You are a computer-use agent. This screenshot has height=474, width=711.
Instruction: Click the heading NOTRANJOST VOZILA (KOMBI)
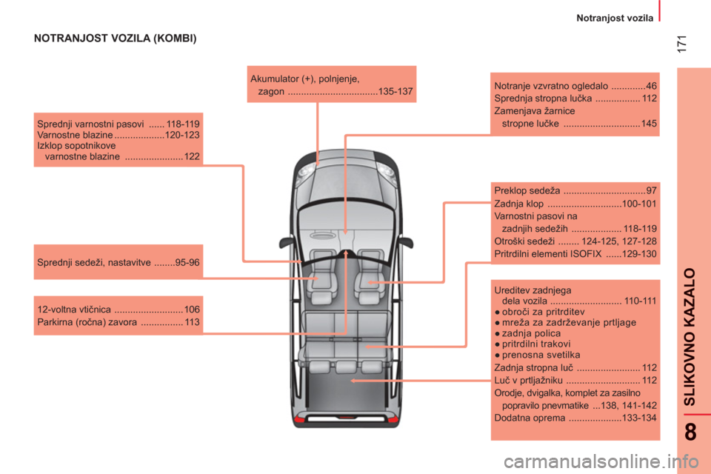tap(116, 38)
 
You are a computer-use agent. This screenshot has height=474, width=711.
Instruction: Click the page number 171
tap(681, 44)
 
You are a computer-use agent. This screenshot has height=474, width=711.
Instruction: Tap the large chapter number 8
tap(690, 432)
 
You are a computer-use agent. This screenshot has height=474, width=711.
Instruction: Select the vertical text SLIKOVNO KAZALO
tap(690, 336)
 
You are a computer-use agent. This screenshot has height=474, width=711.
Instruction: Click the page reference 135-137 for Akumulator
tap(395, 92)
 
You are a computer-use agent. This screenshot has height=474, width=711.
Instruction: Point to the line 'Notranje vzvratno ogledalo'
tap(575, 86)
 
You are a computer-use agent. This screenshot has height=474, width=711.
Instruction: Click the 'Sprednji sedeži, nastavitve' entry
tap(118, 263)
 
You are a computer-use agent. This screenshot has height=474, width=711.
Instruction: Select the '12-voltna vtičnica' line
tap(118, 310)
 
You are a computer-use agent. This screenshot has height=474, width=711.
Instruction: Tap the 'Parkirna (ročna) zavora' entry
tap(118, 322)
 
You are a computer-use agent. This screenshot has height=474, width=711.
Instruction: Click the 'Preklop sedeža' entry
tap(575, 191)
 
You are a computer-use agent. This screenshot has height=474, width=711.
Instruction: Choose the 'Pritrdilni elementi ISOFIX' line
tap(575, 254)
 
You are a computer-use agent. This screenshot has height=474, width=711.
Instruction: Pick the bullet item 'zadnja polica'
tap(528, 333)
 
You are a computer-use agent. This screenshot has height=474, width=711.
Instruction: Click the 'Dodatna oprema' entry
tap(575, 418)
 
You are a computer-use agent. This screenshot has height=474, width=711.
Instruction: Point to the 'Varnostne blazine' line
tap(118, 136)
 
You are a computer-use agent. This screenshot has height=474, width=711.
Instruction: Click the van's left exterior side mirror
tap(287, 242)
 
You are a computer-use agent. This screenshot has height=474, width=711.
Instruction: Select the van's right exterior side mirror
tap(405, 242)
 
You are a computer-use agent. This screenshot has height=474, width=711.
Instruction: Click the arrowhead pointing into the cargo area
tap(353, 381)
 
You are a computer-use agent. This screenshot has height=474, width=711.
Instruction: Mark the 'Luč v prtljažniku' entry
tap(575, 381)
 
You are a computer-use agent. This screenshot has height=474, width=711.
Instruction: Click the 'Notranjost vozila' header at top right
tap(615, 18)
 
